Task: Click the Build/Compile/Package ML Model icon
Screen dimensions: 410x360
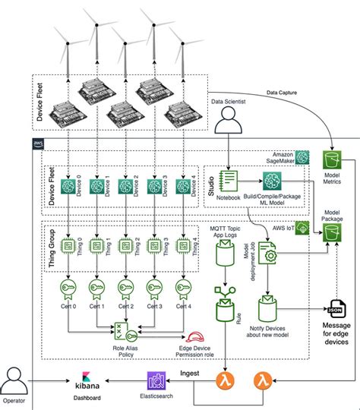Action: (272, 181)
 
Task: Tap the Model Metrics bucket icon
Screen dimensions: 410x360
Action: (333, 160)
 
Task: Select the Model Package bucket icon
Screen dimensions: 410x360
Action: (333, 232)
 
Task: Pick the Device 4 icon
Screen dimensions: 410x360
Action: (182, 187)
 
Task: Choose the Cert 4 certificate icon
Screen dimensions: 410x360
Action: (182, 289)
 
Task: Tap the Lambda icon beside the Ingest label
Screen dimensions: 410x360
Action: (226, 379)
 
